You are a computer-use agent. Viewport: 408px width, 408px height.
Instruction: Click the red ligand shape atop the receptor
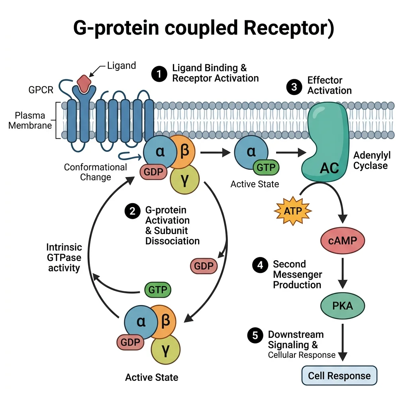[84, 83]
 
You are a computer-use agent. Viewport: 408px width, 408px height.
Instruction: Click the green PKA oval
[342, 306]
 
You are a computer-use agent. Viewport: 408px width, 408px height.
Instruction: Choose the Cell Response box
[339, 375]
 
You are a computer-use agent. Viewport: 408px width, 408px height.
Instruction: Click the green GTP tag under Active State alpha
[266, 168]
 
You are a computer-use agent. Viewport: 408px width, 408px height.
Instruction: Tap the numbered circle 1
[159, 74]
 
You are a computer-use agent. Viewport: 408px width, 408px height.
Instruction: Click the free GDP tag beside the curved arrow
[204, 266]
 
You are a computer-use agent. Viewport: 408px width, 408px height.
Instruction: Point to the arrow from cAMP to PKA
[342, 273]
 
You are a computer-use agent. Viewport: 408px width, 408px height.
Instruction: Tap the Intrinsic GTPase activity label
[64, 257]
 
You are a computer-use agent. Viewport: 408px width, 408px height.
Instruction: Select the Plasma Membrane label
[30, 120]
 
